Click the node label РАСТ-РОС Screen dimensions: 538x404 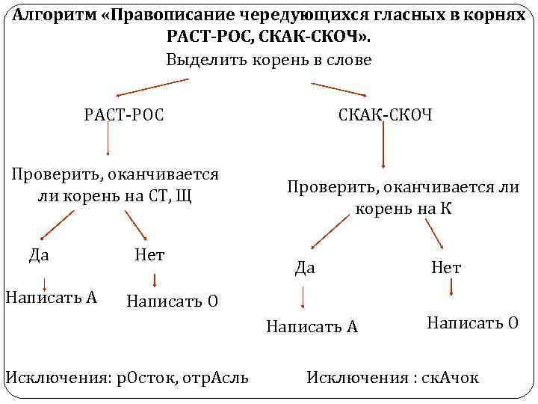click(x=124, y=114)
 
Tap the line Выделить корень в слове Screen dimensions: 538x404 click(x=268, y=61)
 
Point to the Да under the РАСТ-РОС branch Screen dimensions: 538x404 click(x=39, y=254)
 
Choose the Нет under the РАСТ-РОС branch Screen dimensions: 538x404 click(x=149, y=254)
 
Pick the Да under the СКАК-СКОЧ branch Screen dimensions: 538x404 click(x=305, y=267)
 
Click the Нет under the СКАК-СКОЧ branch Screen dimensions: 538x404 click(x=446, y=267)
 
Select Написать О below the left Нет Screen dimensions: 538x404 click(x=173, y=301)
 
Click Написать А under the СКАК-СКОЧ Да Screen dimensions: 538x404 click(x=312, y=326)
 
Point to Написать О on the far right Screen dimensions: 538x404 click(x=472, y=322)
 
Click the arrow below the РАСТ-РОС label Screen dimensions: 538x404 click(x=109, y=139)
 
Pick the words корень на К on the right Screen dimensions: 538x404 click(x=403, y=209)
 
